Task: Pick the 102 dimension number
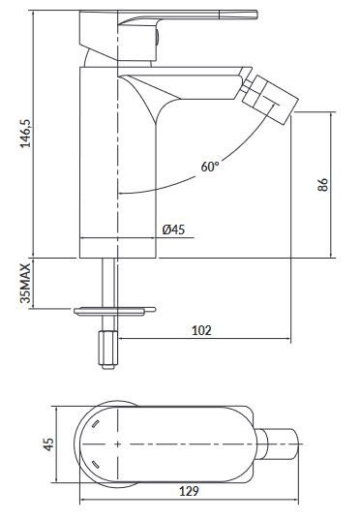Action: (202, 330)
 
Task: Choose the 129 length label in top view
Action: (191, 491)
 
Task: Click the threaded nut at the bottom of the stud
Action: (108, 346)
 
